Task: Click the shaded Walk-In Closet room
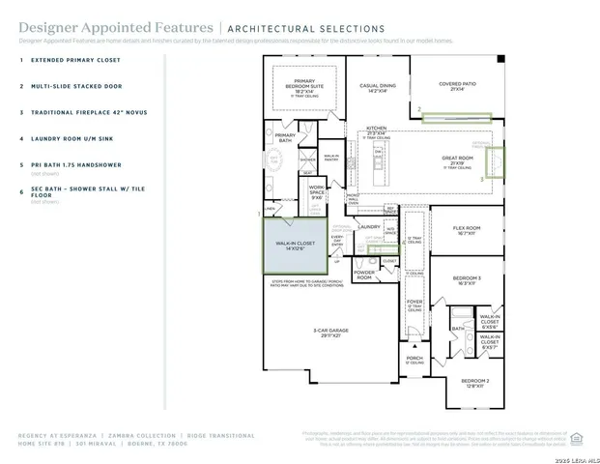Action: point(294,247)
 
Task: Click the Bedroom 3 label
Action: point(467,280)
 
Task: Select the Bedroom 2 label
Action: point(474,382)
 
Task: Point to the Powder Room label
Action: point(364,275)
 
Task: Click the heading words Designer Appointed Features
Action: point(82,29)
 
